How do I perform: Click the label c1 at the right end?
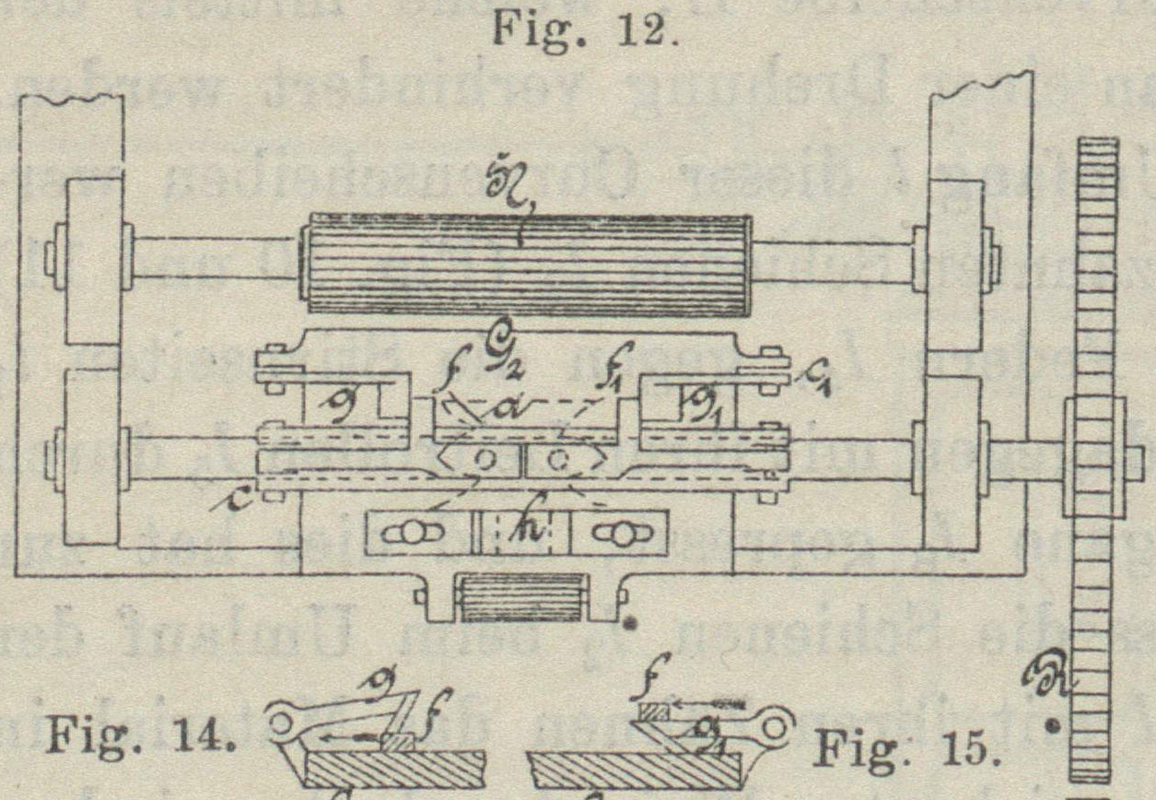point(812,375)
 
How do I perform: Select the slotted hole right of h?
point(619,535)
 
